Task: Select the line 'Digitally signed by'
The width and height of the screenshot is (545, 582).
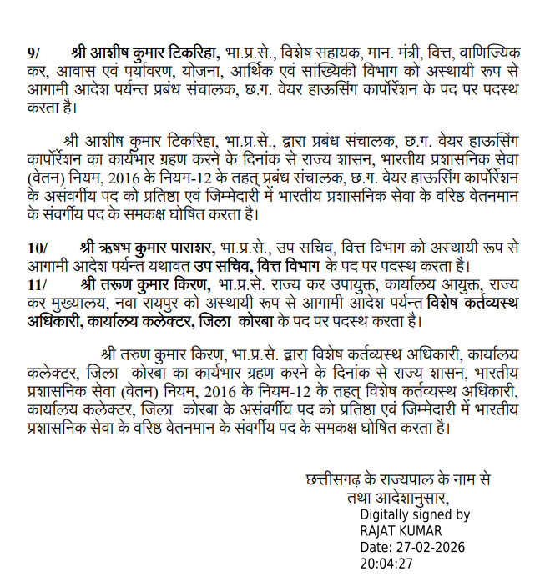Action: (415, 514)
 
